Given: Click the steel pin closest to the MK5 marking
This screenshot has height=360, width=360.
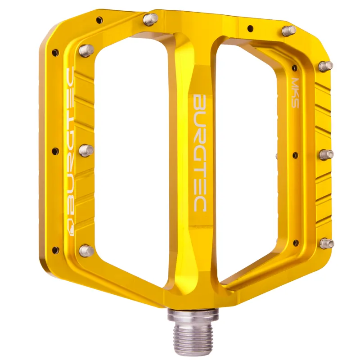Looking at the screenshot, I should tap(326, 66).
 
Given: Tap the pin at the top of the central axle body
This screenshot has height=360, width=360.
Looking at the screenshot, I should tap(150, 19).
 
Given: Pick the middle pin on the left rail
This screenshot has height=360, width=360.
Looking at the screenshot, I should tap(86, 149).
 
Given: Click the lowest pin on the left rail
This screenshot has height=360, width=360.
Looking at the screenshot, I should tap(86, 250).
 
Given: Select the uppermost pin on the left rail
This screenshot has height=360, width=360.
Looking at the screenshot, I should tap(86, 49).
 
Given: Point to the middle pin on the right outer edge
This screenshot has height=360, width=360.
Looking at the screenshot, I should tap(326, 154).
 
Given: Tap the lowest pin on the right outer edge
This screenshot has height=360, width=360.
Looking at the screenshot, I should tap(327, 243).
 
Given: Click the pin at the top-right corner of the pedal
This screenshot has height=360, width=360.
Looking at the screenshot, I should tap(288, 30).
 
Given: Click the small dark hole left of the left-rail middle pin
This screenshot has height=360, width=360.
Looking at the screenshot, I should tap(55, 151).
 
